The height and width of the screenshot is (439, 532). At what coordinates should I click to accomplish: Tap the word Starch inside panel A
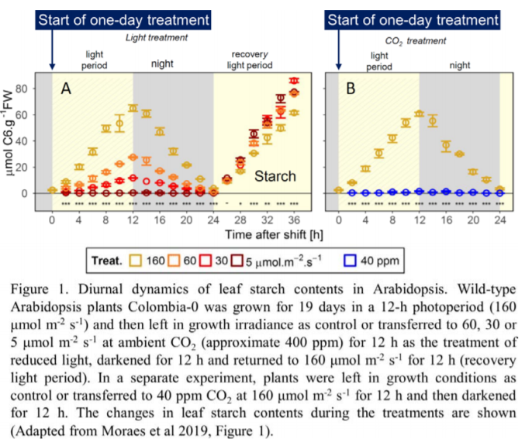coord(276,176)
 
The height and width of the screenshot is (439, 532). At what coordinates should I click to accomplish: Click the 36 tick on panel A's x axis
coord(294,219)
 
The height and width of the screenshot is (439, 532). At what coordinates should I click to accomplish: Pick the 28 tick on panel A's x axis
coord(240,219)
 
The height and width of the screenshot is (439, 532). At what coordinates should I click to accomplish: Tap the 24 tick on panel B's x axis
coord(499,219)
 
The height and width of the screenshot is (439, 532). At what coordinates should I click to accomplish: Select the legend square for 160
coord(137,261)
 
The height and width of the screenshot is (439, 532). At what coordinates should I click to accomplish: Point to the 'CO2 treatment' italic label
coord(416,40)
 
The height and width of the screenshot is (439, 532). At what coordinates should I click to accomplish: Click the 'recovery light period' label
coord(253,60)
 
